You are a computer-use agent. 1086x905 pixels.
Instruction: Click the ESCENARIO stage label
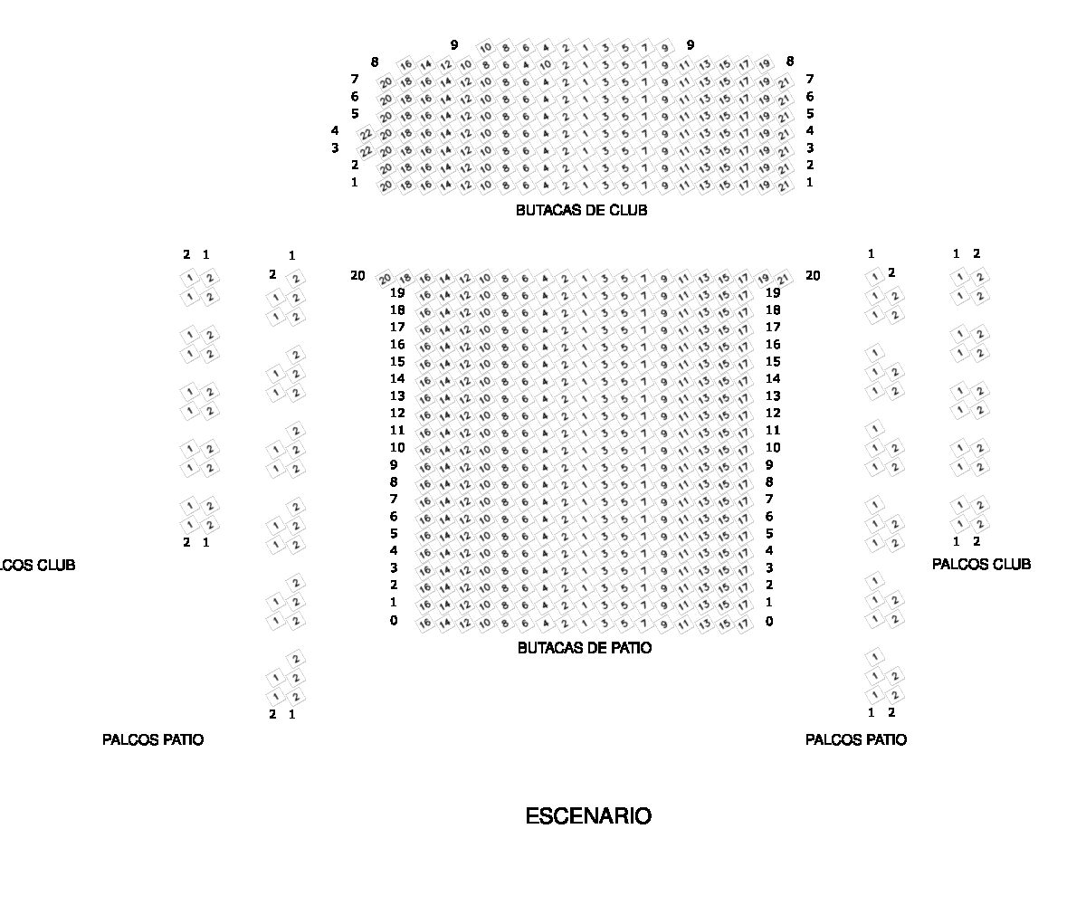588,816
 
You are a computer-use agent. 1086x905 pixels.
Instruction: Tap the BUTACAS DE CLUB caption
582,211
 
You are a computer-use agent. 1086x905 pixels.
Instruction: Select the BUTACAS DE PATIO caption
585,648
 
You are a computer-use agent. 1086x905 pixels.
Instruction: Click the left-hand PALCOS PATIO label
153,739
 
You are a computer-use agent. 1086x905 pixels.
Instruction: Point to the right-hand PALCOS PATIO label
856,739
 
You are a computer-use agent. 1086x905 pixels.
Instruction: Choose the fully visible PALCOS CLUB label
981,564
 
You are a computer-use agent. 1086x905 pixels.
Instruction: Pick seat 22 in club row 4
367,134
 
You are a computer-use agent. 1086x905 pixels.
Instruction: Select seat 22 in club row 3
367,151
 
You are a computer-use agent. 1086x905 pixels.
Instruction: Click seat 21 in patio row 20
784,279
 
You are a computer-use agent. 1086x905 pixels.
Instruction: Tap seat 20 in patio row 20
386,279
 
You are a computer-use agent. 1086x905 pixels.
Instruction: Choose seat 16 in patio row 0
424,624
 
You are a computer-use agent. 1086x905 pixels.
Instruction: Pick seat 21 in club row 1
784,186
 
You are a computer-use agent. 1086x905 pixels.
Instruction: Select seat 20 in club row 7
386,82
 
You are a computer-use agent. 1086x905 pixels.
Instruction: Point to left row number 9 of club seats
454,44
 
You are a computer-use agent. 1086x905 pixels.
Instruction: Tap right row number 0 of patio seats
769,621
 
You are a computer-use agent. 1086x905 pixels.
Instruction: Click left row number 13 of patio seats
397,395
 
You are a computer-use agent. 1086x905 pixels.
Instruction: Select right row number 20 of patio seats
813,275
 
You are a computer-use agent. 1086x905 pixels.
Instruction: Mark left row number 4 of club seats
335,130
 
